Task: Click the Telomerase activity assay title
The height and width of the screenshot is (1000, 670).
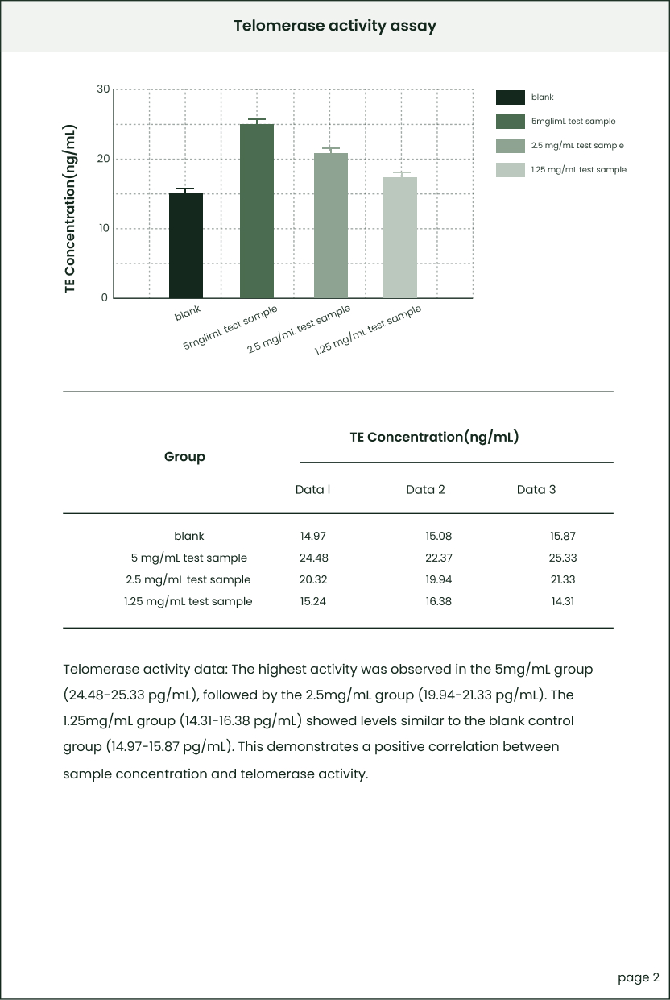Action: click(335, 26)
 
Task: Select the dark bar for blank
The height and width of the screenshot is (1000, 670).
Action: click(186, 246)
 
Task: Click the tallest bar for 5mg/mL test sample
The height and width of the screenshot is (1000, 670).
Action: click(257, 211)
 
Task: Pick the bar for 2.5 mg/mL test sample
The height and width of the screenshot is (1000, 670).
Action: click(331, 226)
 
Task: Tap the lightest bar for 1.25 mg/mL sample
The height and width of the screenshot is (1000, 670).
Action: click(400, 238)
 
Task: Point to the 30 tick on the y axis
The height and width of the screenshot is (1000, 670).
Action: click(103, 89)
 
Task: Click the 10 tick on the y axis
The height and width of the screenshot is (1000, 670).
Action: click(103, 229)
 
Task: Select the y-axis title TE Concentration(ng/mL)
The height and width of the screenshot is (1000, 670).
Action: click(70, 210)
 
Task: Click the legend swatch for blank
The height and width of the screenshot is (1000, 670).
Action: click(511, 98)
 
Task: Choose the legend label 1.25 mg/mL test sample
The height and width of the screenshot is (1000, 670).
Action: click(578, 170)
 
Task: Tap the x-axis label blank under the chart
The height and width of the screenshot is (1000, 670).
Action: click(188, 313)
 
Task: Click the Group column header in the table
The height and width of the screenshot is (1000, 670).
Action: click(184, 457)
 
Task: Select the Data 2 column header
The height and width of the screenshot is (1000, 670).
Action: click(425, 490)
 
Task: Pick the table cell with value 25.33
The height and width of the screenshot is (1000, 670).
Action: click(563, 558)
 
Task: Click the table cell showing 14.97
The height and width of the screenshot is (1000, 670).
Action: click(312, 536)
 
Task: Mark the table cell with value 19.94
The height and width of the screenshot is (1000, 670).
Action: click(438, 579)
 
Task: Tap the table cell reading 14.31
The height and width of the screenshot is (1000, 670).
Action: click(563, 601)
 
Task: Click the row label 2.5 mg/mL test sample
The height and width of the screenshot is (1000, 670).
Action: click(188, 579)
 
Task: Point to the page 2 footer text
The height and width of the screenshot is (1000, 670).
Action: click(639, 977)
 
